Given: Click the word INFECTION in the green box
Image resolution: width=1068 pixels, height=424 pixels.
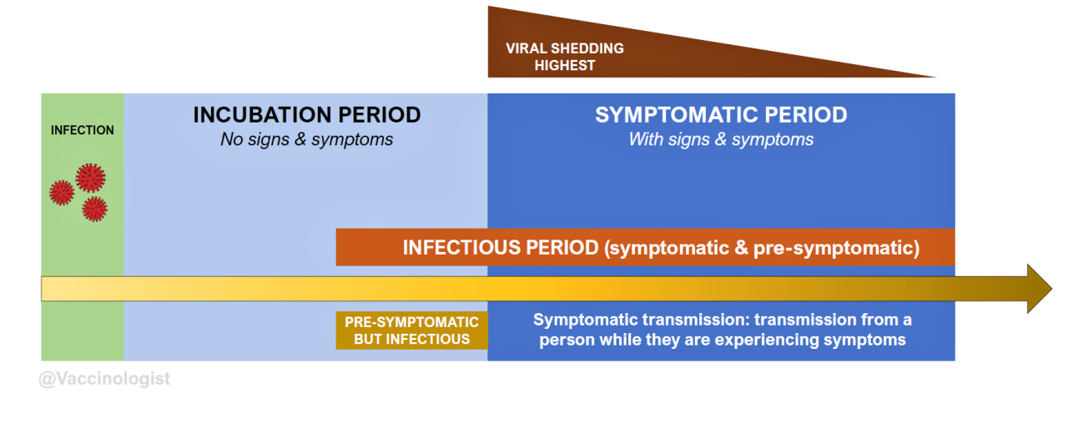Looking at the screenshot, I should click(x=83, y=130).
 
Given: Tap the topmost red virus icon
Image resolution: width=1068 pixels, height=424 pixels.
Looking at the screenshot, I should click(x=90, y=177).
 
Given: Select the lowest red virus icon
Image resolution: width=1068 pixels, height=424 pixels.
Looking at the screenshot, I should click(x=95, y=209).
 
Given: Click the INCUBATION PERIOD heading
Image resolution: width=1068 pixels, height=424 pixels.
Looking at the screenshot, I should click(x=306, y=115).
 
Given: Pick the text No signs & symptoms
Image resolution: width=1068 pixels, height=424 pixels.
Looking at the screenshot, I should click(x=306, y=139).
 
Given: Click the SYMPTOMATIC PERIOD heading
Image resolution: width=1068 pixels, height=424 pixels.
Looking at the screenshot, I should click(x=721, y=115).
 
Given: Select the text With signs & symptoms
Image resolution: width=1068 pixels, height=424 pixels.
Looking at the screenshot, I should click(x=721, y=139).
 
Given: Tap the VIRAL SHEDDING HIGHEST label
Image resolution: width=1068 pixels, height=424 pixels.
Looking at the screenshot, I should click(x=565, y=57).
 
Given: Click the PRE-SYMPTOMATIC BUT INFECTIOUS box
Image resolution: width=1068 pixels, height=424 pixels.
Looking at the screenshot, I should click(x=412, y=331).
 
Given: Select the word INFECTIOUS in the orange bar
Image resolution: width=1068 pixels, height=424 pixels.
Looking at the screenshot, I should click(x=461, y=248).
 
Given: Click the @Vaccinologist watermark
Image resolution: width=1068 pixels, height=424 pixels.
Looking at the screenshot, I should click(x=104, y=379).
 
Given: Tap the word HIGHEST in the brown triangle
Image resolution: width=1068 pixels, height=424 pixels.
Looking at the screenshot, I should click(x=565, y=65).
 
